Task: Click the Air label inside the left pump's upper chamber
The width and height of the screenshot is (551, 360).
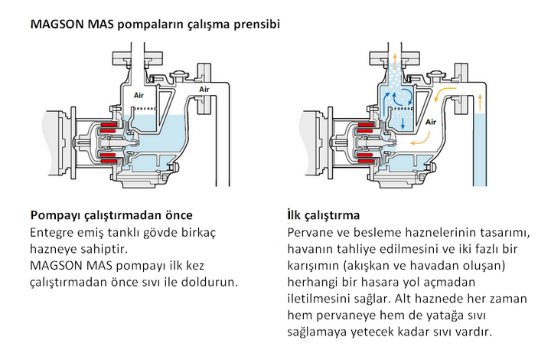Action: click(139, 95)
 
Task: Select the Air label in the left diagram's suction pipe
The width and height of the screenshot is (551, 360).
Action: click(204, 90)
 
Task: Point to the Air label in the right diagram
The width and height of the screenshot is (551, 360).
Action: click(430, 122)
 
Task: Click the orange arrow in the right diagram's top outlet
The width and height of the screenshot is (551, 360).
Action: click(395, 62)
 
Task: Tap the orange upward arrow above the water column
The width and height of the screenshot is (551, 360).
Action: click(480, 103)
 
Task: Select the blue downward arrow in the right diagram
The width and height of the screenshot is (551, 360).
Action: click(403, 123)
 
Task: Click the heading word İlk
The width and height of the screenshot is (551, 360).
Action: click(294, 214)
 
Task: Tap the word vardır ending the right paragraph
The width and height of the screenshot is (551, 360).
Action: click(474, 332)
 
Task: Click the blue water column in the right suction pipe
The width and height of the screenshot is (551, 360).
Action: click(480, 150)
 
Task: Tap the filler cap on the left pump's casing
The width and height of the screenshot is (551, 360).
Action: click(179, 75)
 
